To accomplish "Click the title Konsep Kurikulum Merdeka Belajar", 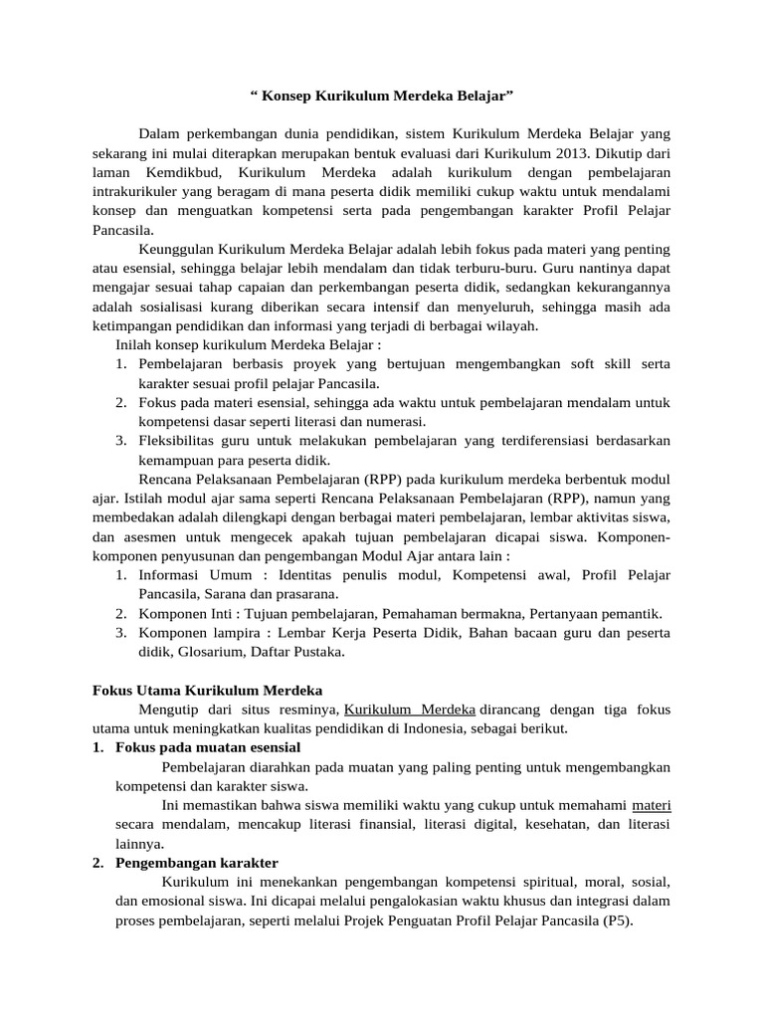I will click(x=382, y=97).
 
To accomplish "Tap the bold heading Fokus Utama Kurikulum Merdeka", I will click(x=207, y=690).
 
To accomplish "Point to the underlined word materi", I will click(x=651, y=805).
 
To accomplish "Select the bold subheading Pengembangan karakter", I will click(x=197, y=863).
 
